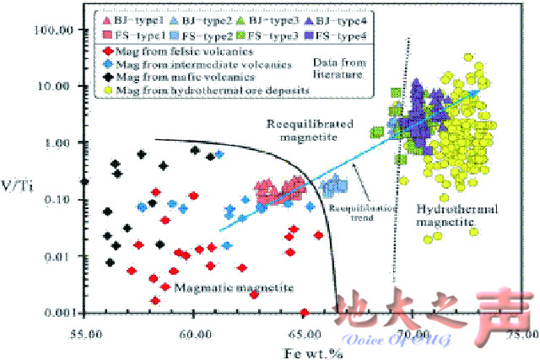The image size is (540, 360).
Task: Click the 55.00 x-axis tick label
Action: (x=86, y=334)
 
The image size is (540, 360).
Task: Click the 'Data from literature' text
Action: (x=337, y=68)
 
